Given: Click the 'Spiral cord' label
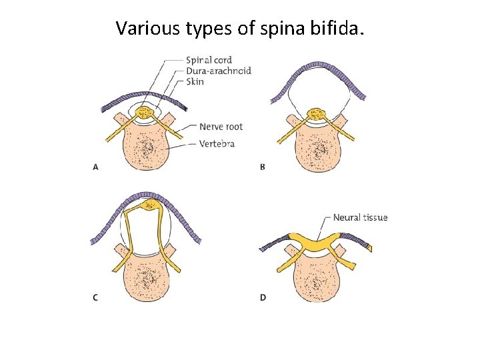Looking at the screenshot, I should (209, 61).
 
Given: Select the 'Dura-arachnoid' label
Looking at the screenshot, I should (219, 71).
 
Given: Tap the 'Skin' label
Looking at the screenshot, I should (195, 81).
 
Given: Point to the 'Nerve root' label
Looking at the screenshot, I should (221, 127).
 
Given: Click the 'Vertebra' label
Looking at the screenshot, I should (217, 143).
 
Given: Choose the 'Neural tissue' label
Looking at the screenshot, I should (360, 217).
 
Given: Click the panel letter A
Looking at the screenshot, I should (95, 167).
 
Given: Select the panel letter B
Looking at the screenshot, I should (262, 167).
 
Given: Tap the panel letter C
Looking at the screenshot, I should (95, 297).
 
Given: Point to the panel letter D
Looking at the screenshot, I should (263, 297).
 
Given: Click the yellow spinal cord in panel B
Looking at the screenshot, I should (314, 113).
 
